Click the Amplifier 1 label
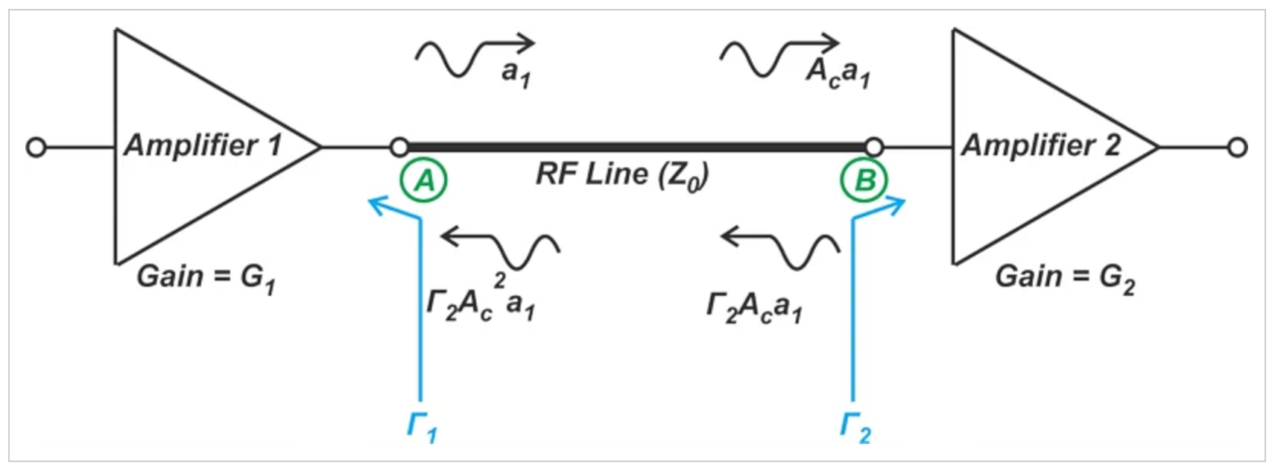click(x=203, y=145)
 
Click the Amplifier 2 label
click(x=1041, y=145)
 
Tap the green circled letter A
click(x=423, y=180)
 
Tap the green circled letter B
click(x=864, y=180)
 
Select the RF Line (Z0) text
click(x=622, y=176)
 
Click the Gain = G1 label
click(x=206, y=278)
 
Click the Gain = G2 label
click(x=1065, y=278)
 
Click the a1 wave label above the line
click(x=516, y=74)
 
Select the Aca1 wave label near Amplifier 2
click(x=838, y=73)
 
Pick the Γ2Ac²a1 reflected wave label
click(x=481, y=299)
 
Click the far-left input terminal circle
click(x=36, y=148)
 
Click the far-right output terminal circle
click(x=1237, y=148)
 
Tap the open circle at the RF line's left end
click(x=399, y=147)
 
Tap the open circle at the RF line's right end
click(x=874, y=147)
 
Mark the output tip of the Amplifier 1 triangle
click(x=320, y=147)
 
